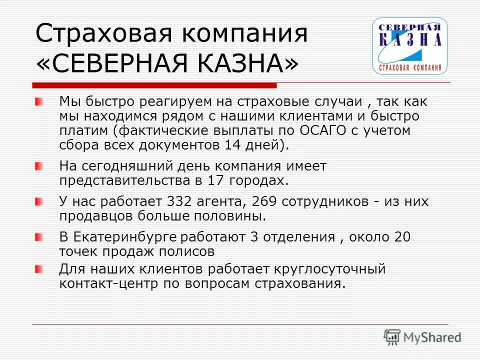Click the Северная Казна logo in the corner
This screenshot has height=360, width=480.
click(410, 45)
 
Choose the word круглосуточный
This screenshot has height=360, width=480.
click(330, 269)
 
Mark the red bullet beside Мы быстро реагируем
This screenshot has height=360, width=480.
click(39, 102)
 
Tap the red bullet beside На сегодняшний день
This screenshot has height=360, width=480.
click(39, 166)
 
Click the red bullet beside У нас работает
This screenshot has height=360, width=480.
click(39, 202)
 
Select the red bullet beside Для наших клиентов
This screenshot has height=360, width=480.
click(39, 269)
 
